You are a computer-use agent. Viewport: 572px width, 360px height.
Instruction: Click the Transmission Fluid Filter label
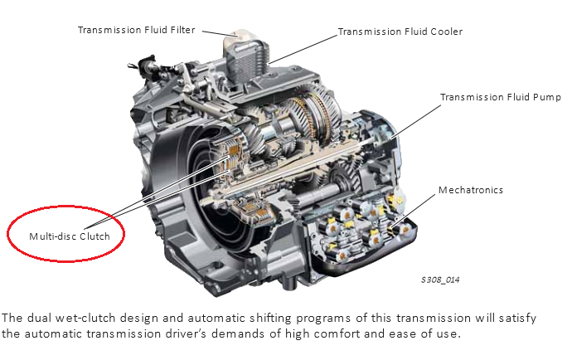pyautogui.click(x=137, y=30)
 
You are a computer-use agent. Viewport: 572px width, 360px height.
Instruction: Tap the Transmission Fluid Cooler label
pyautogui.click(x=400, y=32)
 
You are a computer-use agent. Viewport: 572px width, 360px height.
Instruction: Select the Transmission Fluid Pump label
pyautogui.click(x=501, y=97)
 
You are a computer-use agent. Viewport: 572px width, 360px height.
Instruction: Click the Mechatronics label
pyautogui.click(x=471, y=190)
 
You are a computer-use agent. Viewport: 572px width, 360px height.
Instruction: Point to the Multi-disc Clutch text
pyautogui.click(x=70, y=236)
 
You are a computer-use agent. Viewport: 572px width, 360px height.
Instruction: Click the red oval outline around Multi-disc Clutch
pyautogui.click(x=65, y=207)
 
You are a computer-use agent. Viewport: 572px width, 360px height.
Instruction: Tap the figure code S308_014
pyautogui.click(x=440, y=280)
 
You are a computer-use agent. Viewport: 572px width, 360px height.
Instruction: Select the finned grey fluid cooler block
pyautogui.click(x=247, y=62)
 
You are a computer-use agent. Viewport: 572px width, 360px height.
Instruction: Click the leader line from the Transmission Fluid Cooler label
pyautogui.click(x=303, y=50)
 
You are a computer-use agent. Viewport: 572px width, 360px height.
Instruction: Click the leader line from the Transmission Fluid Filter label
pyautogui.click(x=219, y=33)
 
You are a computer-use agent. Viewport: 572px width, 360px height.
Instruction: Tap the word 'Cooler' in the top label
pyautogui.click(x=446, y=32)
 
